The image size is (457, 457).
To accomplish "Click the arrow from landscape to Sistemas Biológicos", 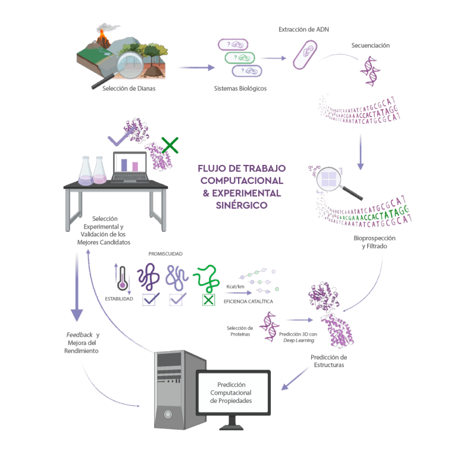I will (x=196, y=68).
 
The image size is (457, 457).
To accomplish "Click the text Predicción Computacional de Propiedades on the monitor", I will (x=234, y=393).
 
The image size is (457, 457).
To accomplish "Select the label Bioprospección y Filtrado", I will (x=374, y=241).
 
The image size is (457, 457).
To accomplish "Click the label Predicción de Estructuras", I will (x=328, y=361).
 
